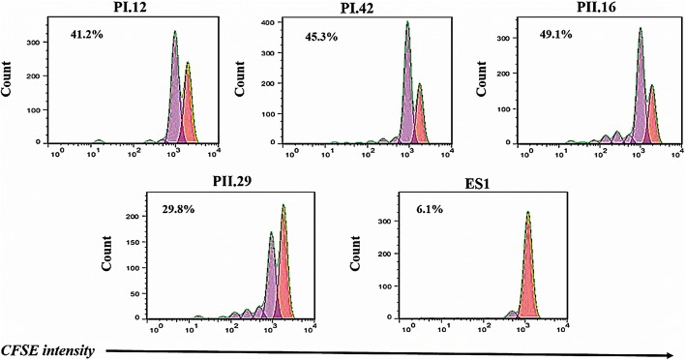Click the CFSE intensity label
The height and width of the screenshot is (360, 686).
tap(47, 349)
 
